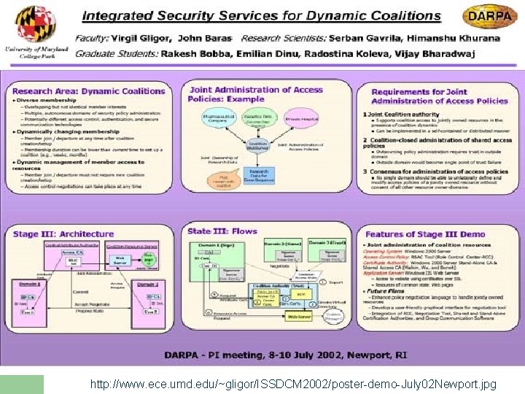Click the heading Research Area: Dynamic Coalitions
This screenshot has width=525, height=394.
pos(89,91)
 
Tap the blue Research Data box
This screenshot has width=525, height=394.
pos(259,174)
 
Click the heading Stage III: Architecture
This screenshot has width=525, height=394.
pos(63,234)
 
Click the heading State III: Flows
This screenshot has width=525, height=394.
pos(222,231)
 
